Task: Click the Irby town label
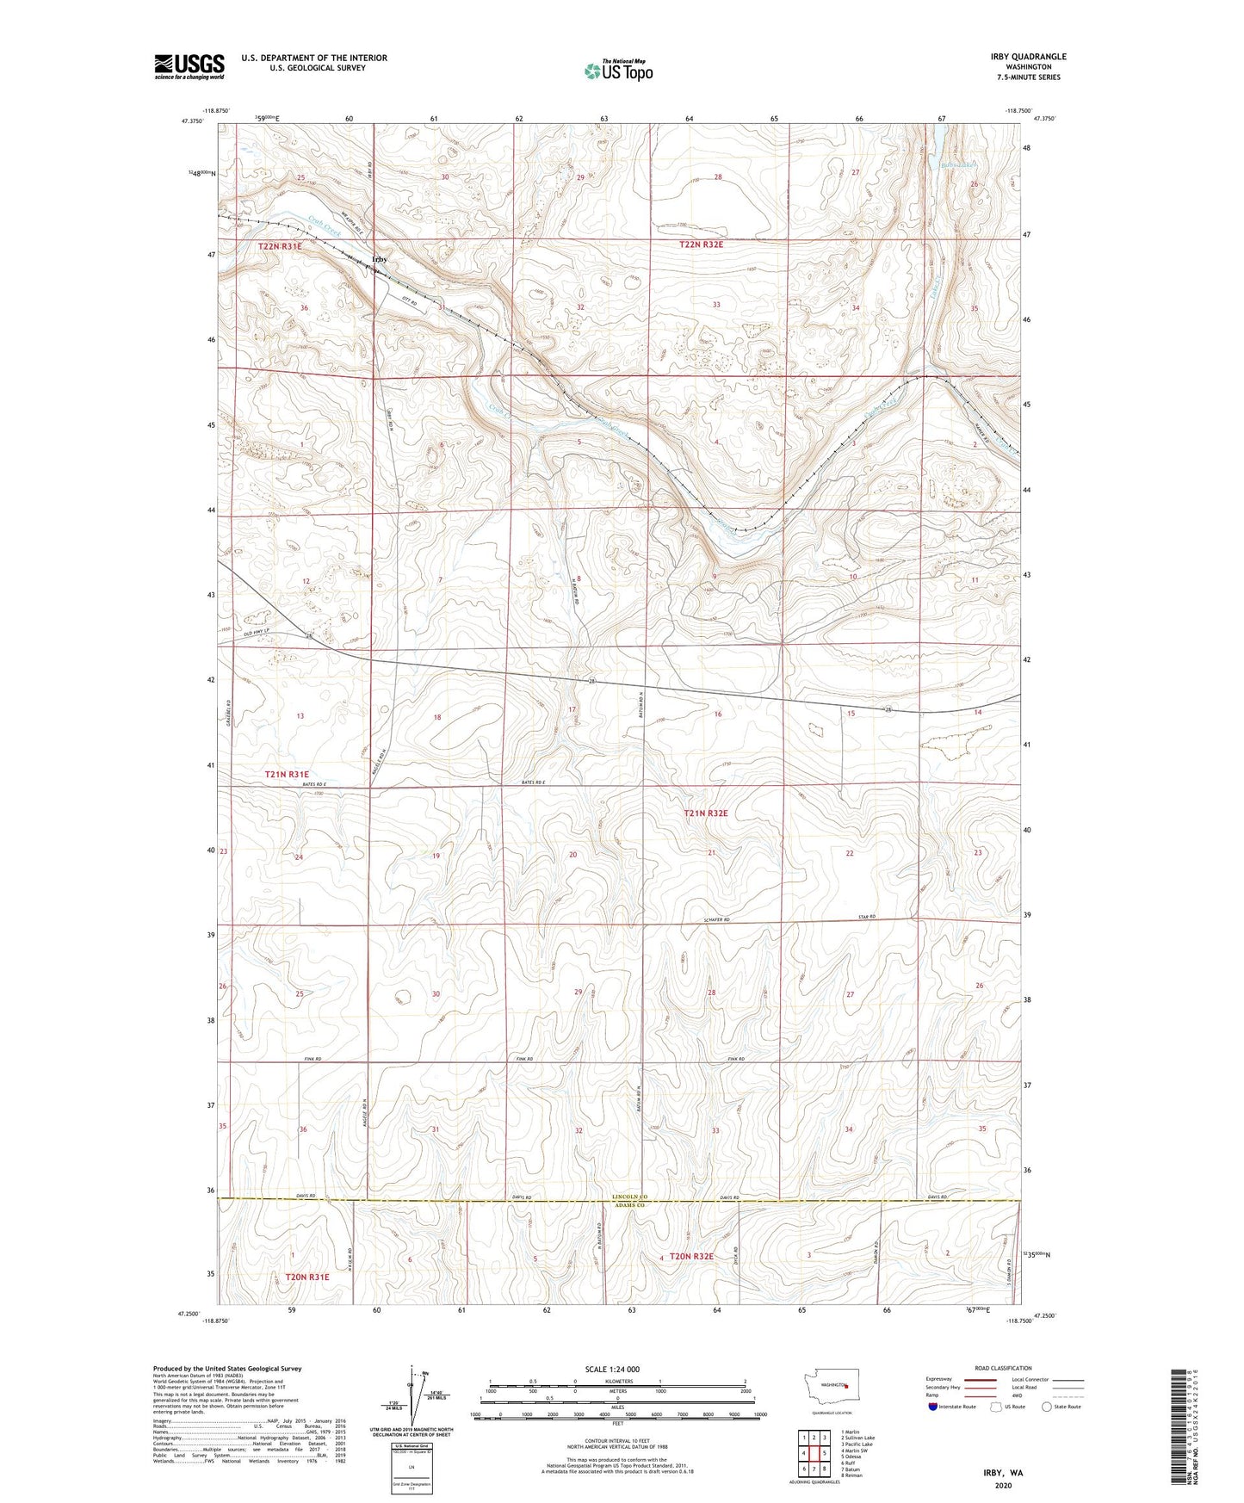point(379,259)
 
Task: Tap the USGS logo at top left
point(189,66)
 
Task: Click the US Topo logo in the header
point(617,70)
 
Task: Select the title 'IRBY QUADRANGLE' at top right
point(1028,57)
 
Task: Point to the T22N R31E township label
point(281,246)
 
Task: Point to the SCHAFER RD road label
point(715,920)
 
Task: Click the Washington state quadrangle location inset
point(831,1388)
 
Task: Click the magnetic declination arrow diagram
point(417,1395)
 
